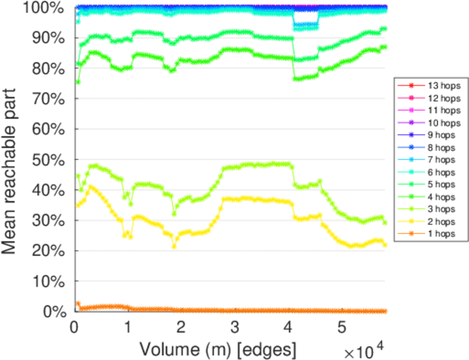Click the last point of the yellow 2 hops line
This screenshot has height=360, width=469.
[385, 245]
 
